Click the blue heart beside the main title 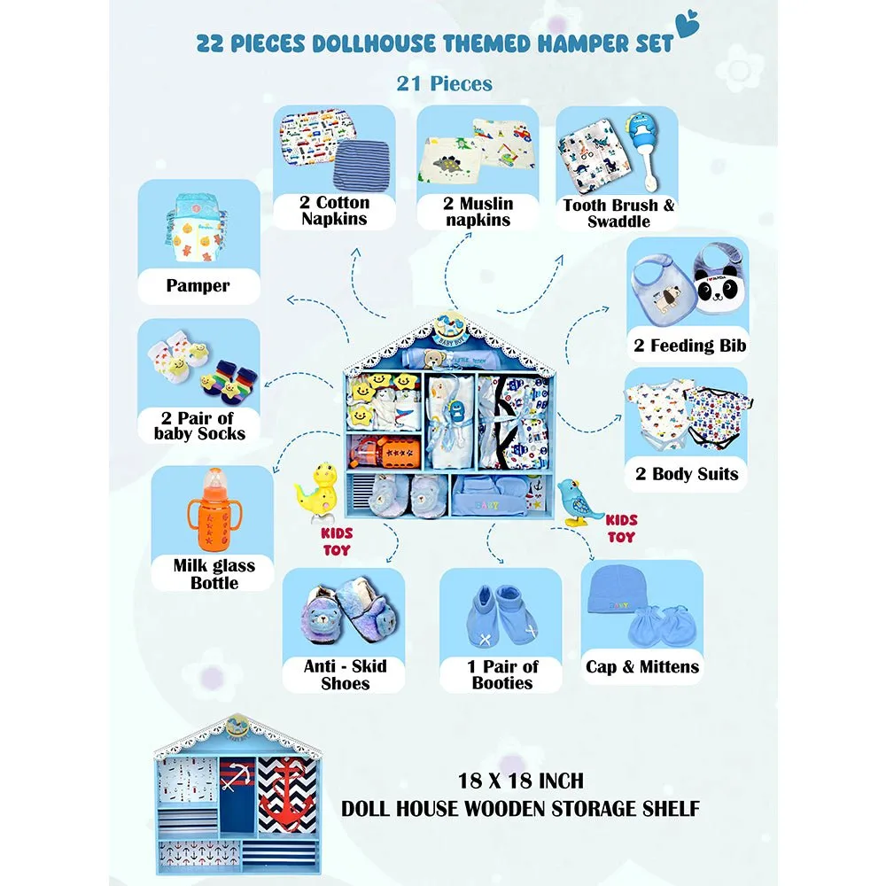[688, 24]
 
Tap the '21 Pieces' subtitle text [444, 83]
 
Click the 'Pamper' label [198, 285]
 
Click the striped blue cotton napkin [361, 164]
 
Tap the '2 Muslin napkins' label [478, 212]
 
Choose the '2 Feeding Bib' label [689, 346]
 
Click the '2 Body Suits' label [687, 473]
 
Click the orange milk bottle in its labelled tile [214, 509]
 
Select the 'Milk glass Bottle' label [214, 574]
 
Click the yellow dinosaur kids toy [318, 489]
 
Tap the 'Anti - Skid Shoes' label [345, 674]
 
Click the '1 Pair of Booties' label [502, 674]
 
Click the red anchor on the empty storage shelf [287, 793]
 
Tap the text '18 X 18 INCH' [520, 781]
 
